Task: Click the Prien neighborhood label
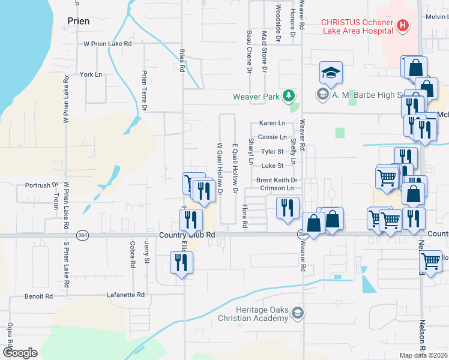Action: coord(79,21)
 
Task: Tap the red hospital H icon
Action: coord(403,26)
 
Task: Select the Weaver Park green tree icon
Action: coord(289,95)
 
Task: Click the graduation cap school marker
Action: coord(330,73)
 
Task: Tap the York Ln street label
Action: coord(91,75)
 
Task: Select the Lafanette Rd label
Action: coord(125,295)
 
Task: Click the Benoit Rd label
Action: coord(38,296)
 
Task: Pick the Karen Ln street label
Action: coord(272,123)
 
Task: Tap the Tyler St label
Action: coord(272,152)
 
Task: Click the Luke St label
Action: coord(272,166)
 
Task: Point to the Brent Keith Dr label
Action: coord(277,180)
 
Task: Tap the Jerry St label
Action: coord(146,252)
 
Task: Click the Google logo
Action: coord(20,353)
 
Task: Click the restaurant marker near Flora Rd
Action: coord(288,207)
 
